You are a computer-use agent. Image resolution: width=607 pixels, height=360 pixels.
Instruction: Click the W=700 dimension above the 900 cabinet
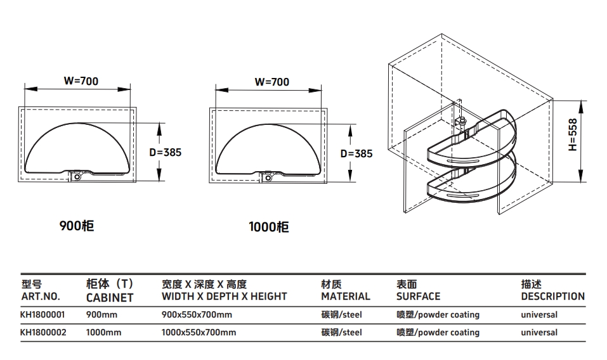pyautogui.click(x=81, y=81)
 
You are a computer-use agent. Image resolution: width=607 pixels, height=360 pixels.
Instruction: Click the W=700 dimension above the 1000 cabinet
pyautogui.click(x=271, y=82)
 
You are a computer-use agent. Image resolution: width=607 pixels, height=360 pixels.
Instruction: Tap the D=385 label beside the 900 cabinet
pyautogui.click(x=165, y=152)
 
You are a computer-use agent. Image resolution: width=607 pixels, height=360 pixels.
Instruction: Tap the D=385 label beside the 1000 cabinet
pyautogui.click(x=356, y=153)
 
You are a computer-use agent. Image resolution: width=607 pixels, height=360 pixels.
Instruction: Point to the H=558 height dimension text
pyautogui.click(x=572, y=134)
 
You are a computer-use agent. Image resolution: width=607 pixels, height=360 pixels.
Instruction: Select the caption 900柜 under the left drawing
pyautogui.click(x=77, y=225)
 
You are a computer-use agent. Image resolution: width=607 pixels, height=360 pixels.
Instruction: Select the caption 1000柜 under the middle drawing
pyautogui.click(x=269, y=227)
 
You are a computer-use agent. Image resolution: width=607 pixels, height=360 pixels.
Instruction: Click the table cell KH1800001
pyautogui.click(x=42, y=314)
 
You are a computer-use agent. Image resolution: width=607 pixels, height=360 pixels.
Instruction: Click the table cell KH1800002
pyautogui.click(x=42, y=332)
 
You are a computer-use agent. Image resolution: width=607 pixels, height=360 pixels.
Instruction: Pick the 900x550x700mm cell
pyautogui.click(x=197, y=314)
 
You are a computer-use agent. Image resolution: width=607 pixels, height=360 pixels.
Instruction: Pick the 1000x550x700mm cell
pyautogui.click(x=199, y=332)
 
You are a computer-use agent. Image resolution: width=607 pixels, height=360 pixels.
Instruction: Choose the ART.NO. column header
pyautogui.click(x=41, y=296)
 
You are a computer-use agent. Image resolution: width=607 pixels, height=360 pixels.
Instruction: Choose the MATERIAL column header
pyautogui.click(x=345, y=296)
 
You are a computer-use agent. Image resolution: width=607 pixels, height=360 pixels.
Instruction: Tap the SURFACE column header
pyautogui.click(x=418, y=296)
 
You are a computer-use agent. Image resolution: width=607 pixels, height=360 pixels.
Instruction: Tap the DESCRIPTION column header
pyautogui.click(x=552, y=296)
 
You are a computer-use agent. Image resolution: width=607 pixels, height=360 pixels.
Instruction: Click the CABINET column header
pyautogui.click(x=110, y=297)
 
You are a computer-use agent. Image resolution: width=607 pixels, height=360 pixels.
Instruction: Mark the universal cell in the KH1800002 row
pyautogui.click(x=539, y=332)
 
